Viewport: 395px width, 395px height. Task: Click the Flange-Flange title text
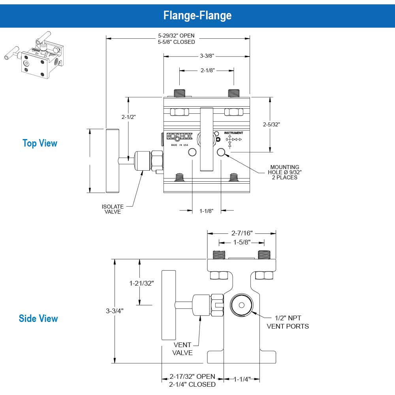(197, 15)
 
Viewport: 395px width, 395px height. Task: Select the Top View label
(40, 143)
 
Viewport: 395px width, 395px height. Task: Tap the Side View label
(38, 318)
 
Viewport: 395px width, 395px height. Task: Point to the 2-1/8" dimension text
(207, 70)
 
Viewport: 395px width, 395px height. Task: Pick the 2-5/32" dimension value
(271, 124)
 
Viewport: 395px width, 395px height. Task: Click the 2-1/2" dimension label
(128, 117)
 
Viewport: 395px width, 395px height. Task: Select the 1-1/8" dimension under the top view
(206, 211)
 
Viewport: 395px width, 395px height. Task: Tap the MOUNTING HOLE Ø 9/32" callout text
(285, 172)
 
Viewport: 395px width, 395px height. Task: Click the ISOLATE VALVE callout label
(113, 209)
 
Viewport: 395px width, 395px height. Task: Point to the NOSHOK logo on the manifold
(179, 137)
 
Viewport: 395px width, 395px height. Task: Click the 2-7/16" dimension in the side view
(242, 233)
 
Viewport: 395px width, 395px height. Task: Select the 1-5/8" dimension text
(242, 242)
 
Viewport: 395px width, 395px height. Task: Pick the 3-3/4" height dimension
(115, 310)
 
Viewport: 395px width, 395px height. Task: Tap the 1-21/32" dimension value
(141, 283)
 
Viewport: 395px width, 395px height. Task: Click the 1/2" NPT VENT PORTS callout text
(288, 322)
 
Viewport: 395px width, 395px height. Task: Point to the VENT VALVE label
(182, 349)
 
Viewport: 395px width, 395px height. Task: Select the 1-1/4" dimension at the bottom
(242, 379)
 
